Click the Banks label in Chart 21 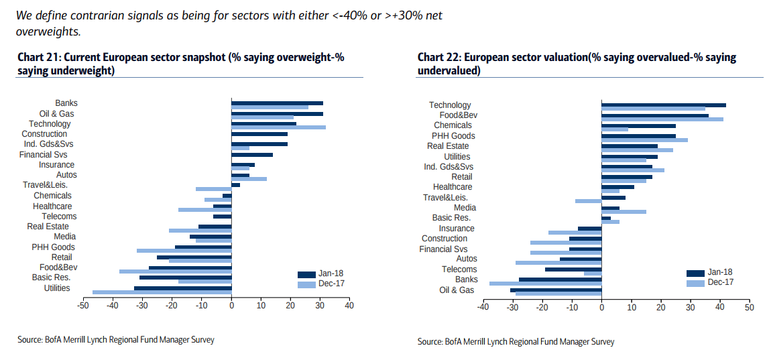tap(66, 103)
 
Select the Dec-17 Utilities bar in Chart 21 tap(162, 292)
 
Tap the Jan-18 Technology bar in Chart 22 tap(663, 105)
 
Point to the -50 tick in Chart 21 tap(83, 306)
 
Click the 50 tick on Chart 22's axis tap(748, 308)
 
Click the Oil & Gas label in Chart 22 tap(457, 290)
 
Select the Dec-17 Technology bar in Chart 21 tap(278, 127)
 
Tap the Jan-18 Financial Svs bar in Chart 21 tap(252, 154)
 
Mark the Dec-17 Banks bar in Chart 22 tap(545, 283)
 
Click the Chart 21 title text tap(181, 64)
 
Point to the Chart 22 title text tap(577, 64)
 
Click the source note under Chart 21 tap(116, 340)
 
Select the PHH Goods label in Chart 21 tap(54, 247)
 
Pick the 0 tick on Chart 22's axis tap(601, 308)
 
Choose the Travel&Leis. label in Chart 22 tap(445, 197)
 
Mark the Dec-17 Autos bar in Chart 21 tap(249, 178)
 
